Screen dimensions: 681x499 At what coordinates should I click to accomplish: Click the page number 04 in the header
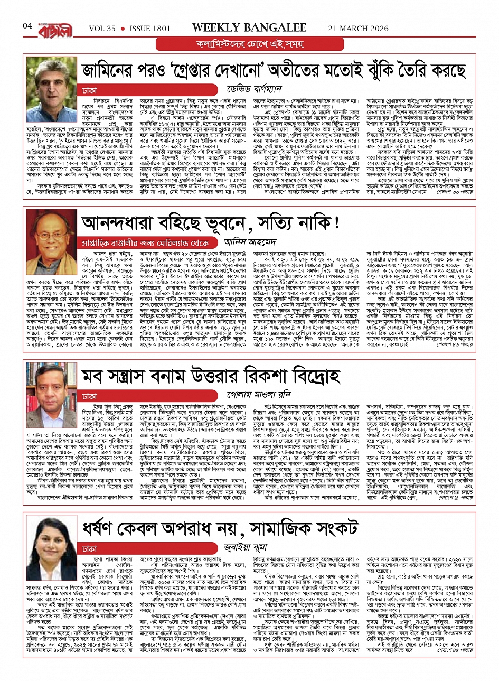click(27, 25)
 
